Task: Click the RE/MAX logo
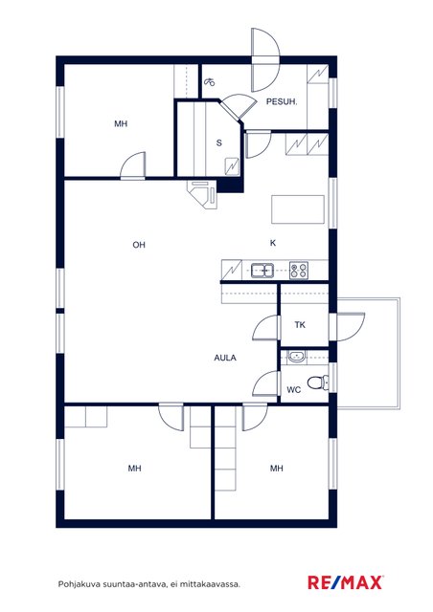tap(346, 582)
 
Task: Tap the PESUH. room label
tap(282, 102)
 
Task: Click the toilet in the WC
tap(318, 382)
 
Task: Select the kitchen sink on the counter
tap(262, 270)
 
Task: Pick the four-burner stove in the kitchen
tap(299, 270)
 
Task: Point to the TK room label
tap(300, 325)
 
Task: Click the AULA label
tap(225, 358)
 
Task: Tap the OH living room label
tap(139, 245)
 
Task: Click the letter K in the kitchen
tap(273, 243)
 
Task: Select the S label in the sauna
tap(219, 142)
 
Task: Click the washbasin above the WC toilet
tap(296, 357)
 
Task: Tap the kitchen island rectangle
tap(298, 209)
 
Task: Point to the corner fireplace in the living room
tap(202, 194)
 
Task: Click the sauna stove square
tap(232, 166)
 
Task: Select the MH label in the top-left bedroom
tap(121, 123)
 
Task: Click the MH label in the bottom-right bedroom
tap(277, 468)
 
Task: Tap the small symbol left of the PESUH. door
tap(210, 81)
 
